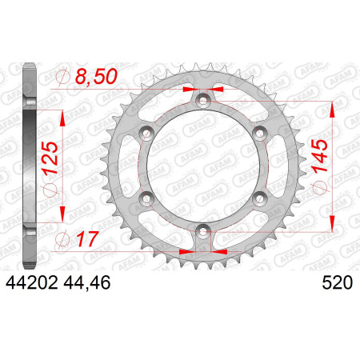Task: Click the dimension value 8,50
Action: pos(96,77)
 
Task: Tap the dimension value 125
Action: pos(50,158)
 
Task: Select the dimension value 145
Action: pos(319,156)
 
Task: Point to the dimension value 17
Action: pos(88,239)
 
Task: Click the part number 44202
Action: pos(32,282)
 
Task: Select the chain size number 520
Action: pos(338,282)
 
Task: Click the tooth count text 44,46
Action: pos(87,282)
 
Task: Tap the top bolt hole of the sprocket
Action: pos(203,101)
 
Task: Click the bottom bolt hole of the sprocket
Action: pos(203,232)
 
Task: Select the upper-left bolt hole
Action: pos(146,133)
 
